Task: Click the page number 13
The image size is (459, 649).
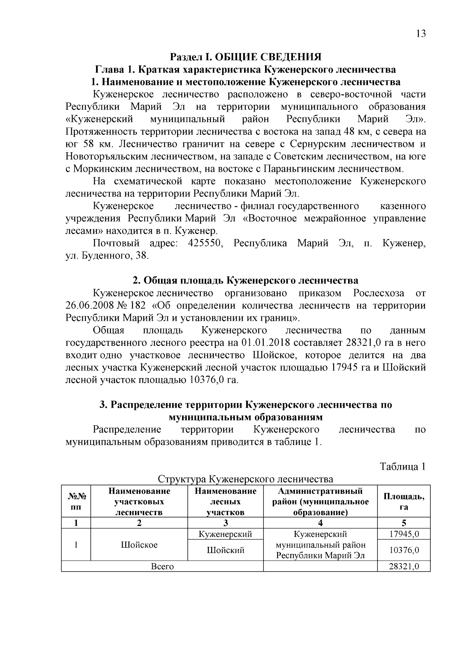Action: pyautogui.click(x=420, y=34)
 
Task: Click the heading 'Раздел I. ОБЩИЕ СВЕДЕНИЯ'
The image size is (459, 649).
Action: pyautogui.click(x=246, y=57)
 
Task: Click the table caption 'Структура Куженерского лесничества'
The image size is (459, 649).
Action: pyautogui.click(x=245, y=479)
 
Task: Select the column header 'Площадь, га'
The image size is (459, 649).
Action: pyautogui.click(x=404, y=501)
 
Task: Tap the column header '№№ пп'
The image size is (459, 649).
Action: pyautogui.click(x=76, y=501)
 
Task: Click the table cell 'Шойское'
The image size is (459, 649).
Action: pyautogui.click(x=139, y=545)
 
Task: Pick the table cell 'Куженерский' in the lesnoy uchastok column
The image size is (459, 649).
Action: pyautogui.click(x=225, y=534)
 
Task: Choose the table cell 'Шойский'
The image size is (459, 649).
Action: pyautogui.click(x=225, y=550)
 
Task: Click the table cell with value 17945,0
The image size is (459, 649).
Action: pyautogui.click(x=404, y=534)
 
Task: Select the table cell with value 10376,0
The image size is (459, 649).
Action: pyautogui.click(x=404, y=550)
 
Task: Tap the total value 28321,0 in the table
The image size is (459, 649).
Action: pyautogui.click(x=404, y=566)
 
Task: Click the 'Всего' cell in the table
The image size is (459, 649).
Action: pyautogui.click(x=162, y=566)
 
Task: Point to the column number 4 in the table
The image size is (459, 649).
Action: pyautogui.click(x=320, y=523)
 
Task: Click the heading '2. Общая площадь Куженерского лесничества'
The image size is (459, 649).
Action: pyautogui.click(x=245, y=281)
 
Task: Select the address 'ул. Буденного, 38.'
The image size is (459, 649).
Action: pyautogui.click(x=107, y=256)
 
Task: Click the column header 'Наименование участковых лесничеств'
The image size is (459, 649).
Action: pyautogui.click(x=139, y=501)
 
